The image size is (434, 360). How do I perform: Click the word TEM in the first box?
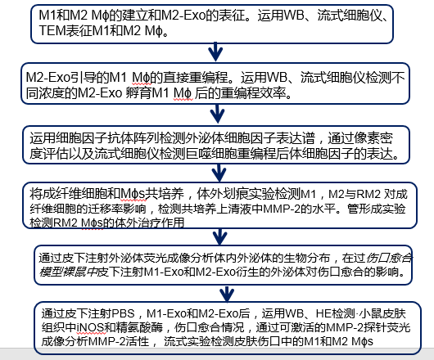[x=52, y=31]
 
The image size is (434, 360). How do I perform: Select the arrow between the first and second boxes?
[x=215, y=52]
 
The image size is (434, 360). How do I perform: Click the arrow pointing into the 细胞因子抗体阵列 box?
[x=218, y=114]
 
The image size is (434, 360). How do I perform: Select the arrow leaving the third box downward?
[x=219, y=173]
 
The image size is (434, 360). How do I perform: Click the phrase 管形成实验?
[x=377, y=209]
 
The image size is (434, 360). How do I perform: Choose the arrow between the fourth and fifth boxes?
[x=220, y=236]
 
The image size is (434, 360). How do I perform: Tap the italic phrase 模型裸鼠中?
[x=68, y=272]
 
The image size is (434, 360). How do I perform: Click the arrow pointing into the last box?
[x=227, y=295]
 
